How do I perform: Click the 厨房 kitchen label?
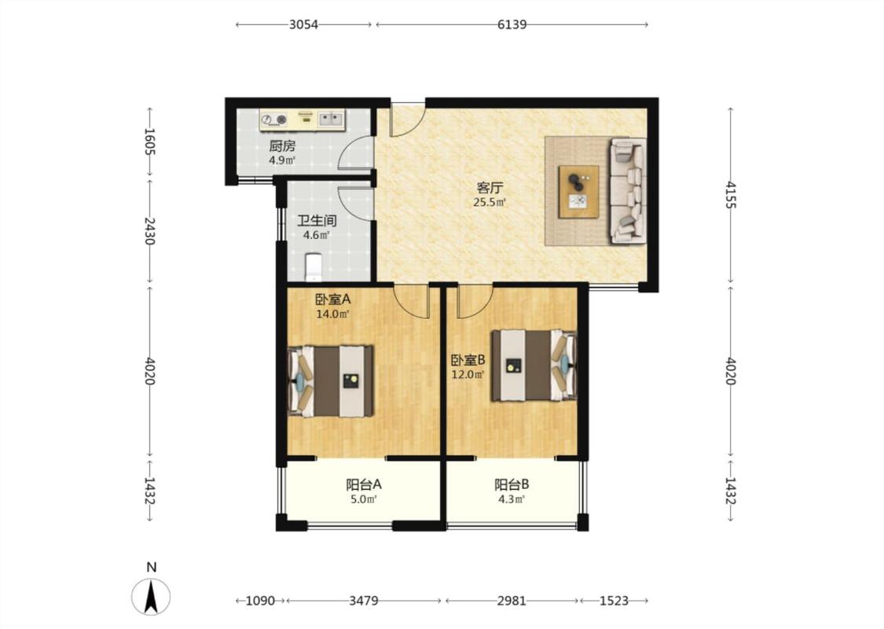(x=282, y=146)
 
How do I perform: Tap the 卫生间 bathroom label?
(x=317, y=221)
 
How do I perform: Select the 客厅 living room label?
(x=490, y=188)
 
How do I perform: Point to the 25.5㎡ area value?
(x=490, y=202)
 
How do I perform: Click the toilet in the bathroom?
(x=314, y=267)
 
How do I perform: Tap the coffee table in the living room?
(x=579, y=191)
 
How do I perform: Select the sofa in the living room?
(x=628, y=191)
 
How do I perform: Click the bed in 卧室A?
(x=331, y=381)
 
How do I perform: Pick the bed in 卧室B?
(x=534, y=366)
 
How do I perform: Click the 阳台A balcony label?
(x=364, y=484)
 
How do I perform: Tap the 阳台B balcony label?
(x=512, y=484)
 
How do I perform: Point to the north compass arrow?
(x=151, y=596)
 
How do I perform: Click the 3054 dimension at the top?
(x=303, y=24)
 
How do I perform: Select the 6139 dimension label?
(x=512, y=24)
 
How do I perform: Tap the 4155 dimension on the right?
(x=731, y=195)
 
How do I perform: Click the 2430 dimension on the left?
(x=149, y=230)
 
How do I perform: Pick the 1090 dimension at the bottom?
(x=260, y=601)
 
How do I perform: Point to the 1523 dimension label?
(x=614, y=601)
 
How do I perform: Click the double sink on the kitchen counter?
(x=331, y=119)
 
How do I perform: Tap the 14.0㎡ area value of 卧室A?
(x=332, y=314)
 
